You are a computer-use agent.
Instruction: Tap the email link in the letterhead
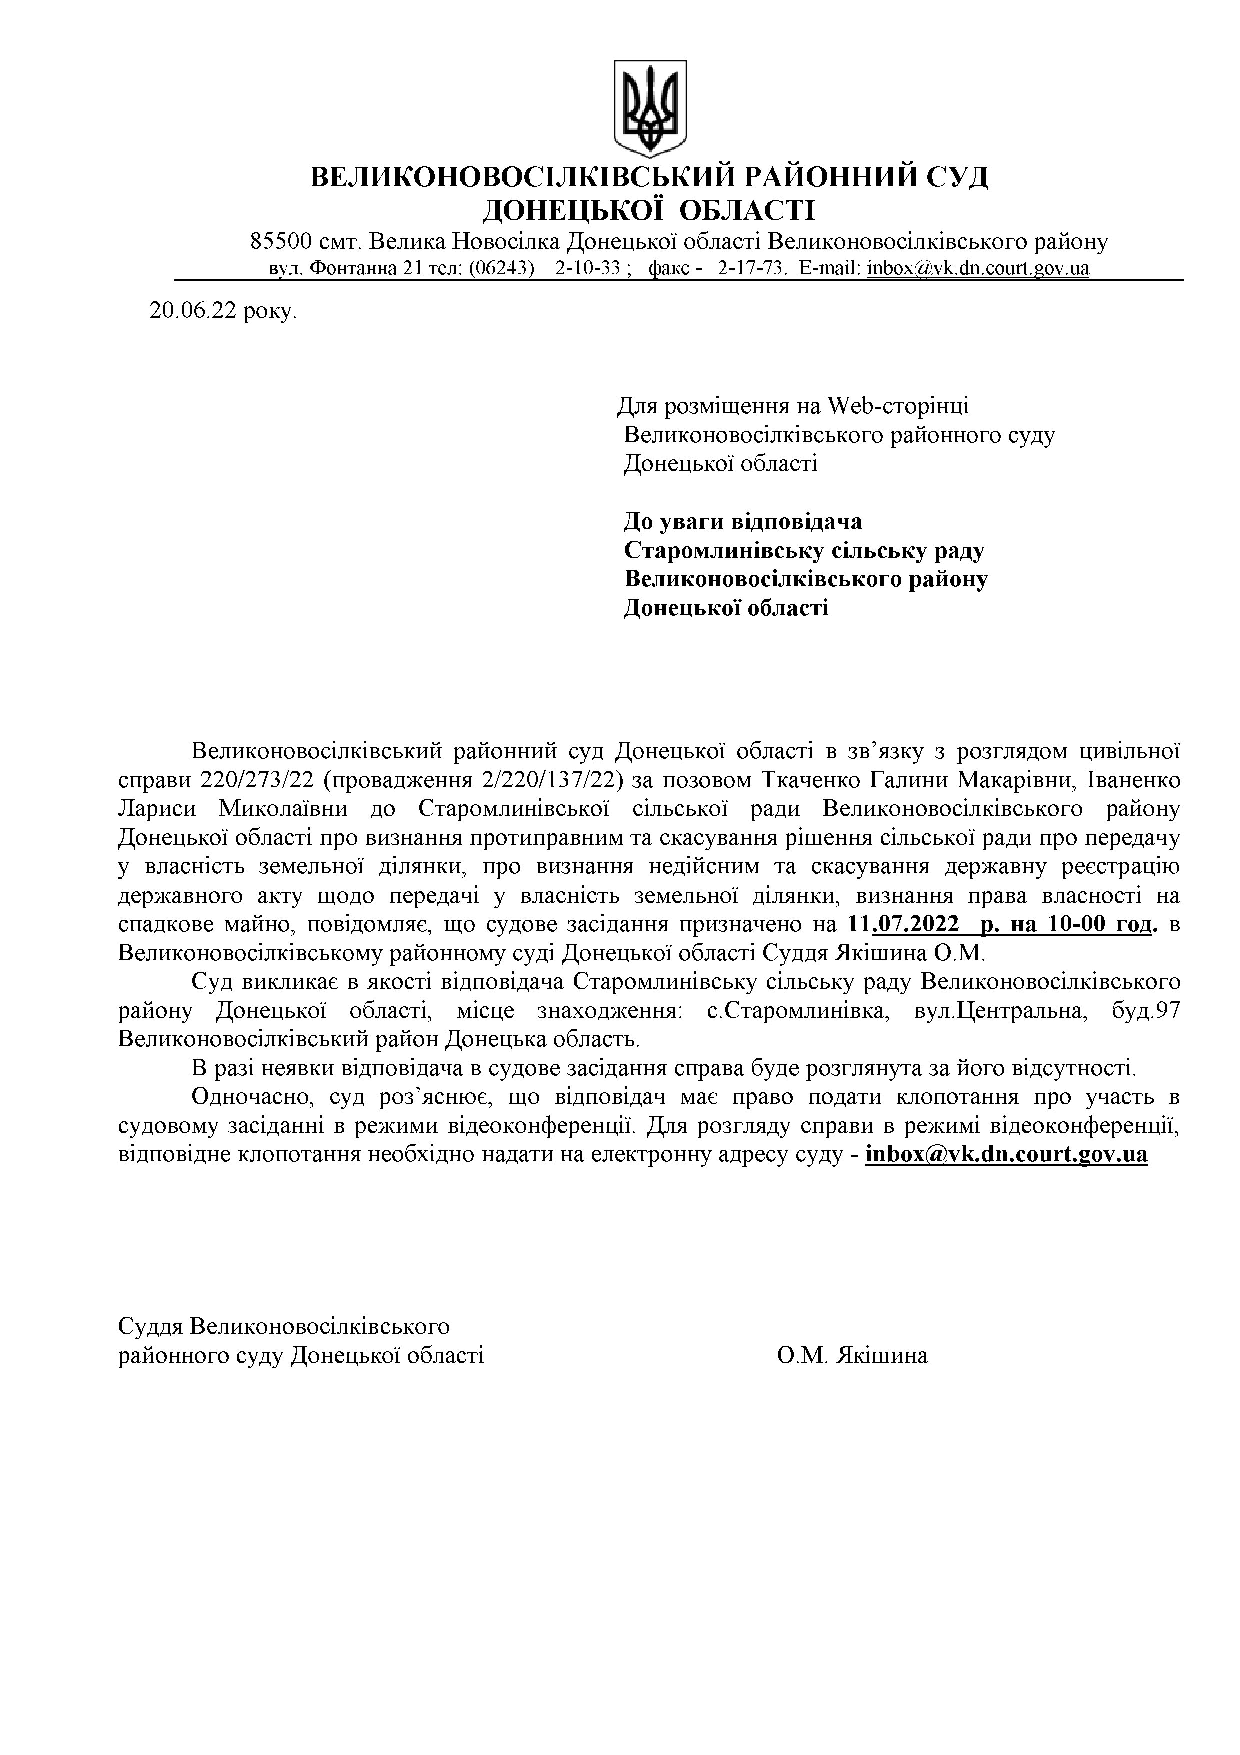(x=978, y=268)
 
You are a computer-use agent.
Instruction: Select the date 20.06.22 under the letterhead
(x=193, y=311)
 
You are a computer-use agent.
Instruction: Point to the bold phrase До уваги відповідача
(x=742, y=521)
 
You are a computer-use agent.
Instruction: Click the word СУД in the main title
(x=957, y=177)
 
